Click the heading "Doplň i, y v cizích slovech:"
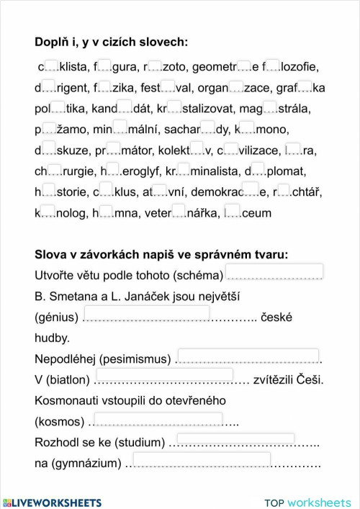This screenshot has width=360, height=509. point(111,42)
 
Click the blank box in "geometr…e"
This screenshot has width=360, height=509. point(244,66)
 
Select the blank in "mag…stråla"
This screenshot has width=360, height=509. point(270,108)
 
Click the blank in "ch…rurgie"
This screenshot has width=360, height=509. point(55,171)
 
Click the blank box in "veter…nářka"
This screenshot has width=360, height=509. point(179,212)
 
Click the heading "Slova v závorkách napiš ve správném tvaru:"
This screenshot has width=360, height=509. point(161,255)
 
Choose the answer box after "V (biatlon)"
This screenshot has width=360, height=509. point(164,375)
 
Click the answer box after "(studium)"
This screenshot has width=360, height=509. point(235,438)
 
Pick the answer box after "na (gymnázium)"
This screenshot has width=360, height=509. point(201,459)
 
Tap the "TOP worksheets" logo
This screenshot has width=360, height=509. point(307,503)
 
